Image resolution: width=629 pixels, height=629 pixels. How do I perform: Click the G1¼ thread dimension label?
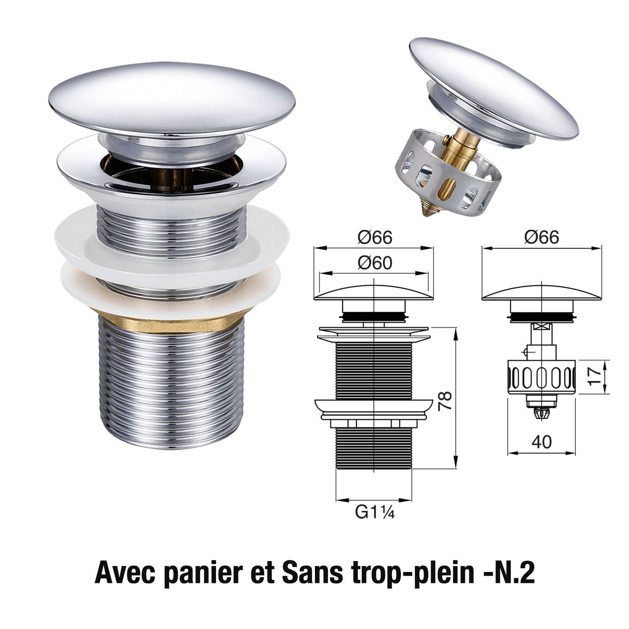point(375,512)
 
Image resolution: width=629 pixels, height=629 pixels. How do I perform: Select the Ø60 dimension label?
point(375,263)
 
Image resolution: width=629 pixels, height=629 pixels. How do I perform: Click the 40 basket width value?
point(541,442)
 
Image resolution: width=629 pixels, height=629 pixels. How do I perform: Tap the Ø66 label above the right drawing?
point(541,237)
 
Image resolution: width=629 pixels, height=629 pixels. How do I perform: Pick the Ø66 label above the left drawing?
point(375,237)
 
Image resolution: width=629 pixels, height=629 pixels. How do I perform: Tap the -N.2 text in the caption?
point(515,573)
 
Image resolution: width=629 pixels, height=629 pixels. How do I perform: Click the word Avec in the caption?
point(125,573)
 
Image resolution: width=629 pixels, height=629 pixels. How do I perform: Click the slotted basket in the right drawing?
point(541,376)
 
